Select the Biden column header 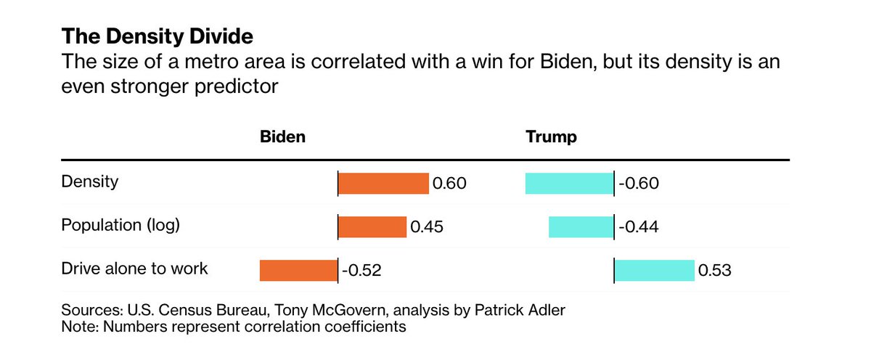(282, 137)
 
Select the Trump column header (551, 137)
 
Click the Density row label (89, 181)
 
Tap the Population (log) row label (120, 225)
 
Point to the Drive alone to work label (134, 269)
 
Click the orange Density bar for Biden (383, 184)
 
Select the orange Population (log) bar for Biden (372, 227)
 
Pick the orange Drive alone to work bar (298, 271)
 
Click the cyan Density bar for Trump (569, 184)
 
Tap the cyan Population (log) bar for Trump (581, 227)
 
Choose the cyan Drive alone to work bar (655, 271)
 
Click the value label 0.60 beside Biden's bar (449, 184)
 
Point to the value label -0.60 (639, 184)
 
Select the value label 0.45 (427, 227)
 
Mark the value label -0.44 (639, 227)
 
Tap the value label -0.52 (361, 271)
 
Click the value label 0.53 (714, 271)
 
